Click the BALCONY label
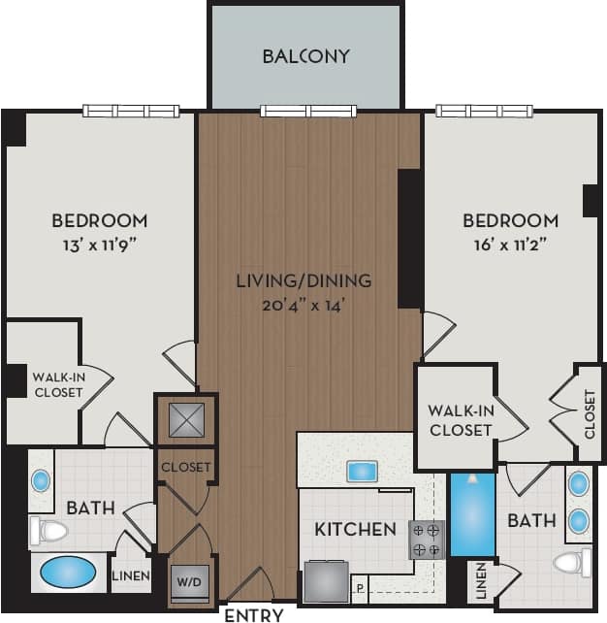305,55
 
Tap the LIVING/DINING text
304,281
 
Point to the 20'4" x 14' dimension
304,305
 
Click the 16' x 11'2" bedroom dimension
510,244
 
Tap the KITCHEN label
355,530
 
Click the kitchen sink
362,472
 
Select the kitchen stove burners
427,540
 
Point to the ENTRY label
253,614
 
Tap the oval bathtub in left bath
68,574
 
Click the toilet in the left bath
48,531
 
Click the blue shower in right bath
472,514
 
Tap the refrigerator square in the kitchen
326,582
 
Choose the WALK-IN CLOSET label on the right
460,420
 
